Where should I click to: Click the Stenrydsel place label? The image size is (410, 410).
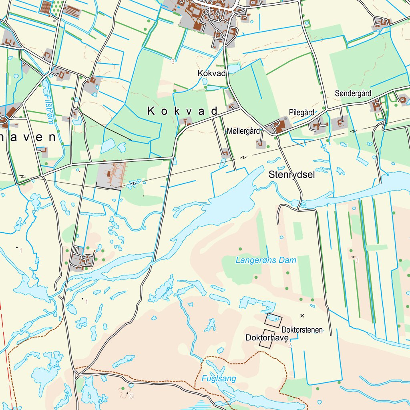tap(291, 175)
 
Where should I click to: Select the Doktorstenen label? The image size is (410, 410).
tap(302, 330)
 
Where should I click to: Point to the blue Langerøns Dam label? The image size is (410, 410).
tap(266, 260)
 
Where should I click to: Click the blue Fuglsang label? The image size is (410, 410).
tap(219, 378)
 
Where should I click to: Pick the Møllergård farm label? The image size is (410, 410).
tap(243, 131)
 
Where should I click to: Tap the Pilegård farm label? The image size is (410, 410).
tap(301, 113)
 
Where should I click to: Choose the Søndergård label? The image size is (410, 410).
tap(353, 93)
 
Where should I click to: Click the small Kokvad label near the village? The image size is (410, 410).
tap(212, 73)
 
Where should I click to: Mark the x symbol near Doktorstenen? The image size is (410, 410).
tap(302, 316)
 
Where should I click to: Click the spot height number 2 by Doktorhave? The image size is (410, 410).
tap(289, 345)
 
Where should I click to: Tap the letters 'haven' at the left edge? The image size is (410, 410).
tap(28, 137)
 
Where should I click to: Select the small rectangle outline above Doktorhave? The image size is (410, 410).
tap(274, 320)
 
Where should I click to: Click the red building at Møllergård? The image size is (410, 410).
tap(280, 127)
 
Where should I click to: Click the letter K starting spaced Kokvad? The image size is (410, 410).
tap(151, 111)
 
